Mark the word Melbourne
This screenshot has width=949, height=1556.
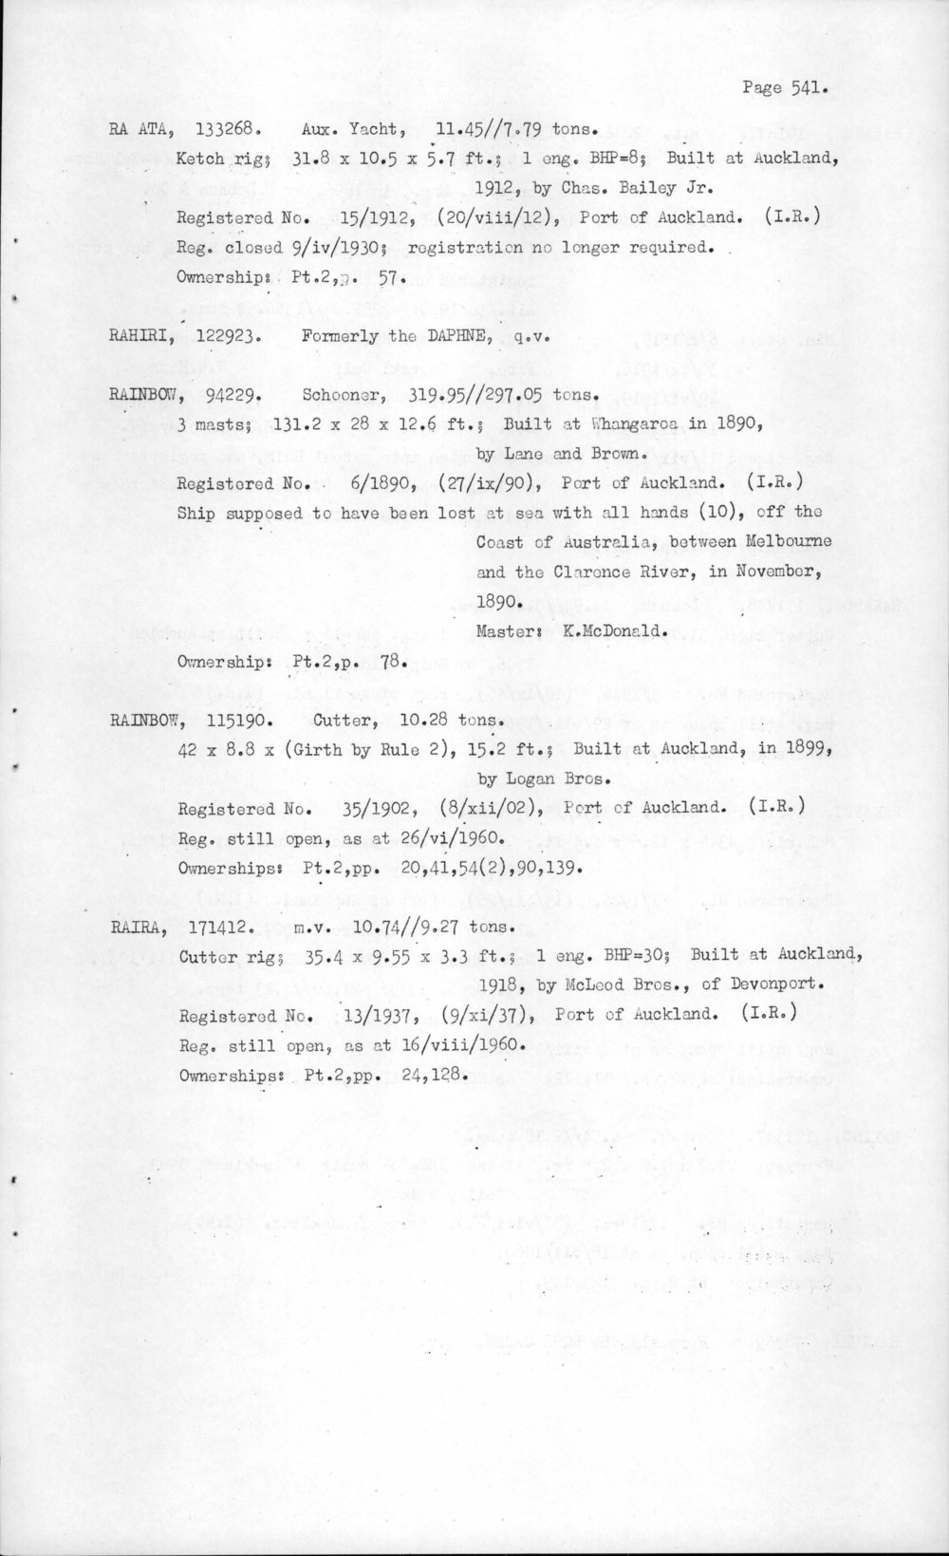(x=784, y=541)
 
